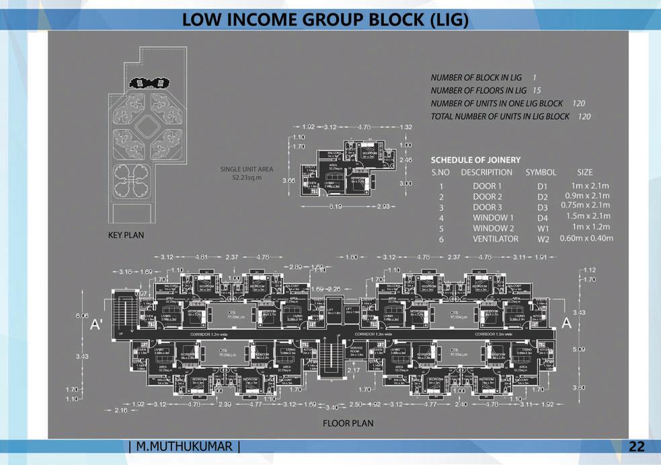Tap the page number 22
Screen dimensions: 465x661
click(637, 447)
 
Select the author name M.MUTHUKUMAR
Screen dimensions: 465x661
click(184, 447)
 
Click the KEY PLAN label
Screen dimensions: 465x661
click(126, 236)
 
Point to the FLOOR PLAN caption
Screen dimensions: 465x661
click(348, 423)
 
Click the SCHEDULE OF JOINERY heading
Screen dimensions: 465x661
click(475, 160)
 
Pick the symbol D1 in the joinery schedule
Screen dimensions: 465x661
click(543, 186)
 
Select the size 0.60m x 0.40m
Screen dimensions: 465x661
click(586, 238)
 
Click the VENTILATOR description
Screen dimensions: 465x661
click(495, 239)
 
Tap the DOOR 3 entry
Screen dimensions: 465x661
click(487, 207)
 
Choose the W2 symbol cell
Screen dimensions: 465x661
click(543, 239)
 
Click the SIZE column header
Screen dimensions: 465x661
click(584, 172)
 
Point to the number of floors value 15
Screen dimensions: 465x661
click(537, 90)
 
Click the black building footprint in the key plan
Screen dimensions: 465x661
click(148, 83)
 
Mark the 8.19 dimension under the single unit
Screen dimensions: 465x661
click(337, 206)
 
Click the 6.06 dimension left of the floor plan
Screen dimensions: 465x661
click(82, 315)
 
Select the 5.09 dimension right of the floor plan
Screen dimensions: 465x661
click(579, 350)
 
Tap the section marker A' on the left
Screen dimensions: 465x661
click(96, 324)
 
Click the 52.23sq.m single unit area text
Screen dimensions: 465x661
click(247, 178)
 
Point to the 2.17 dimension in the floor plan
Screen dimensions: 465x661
click(354, 370)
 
